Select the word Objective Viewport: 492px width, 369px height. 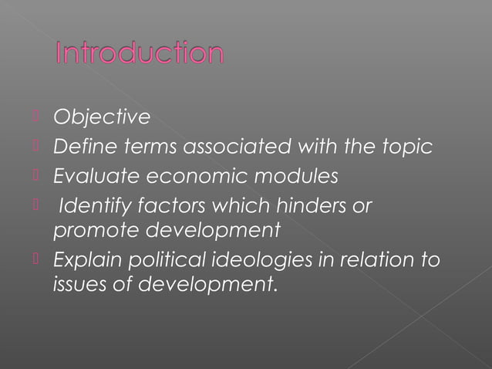click(100, 117)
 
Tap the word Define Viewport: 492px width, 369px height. click(80, 147)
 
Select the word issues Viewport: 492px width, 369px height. click(76, 283)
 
